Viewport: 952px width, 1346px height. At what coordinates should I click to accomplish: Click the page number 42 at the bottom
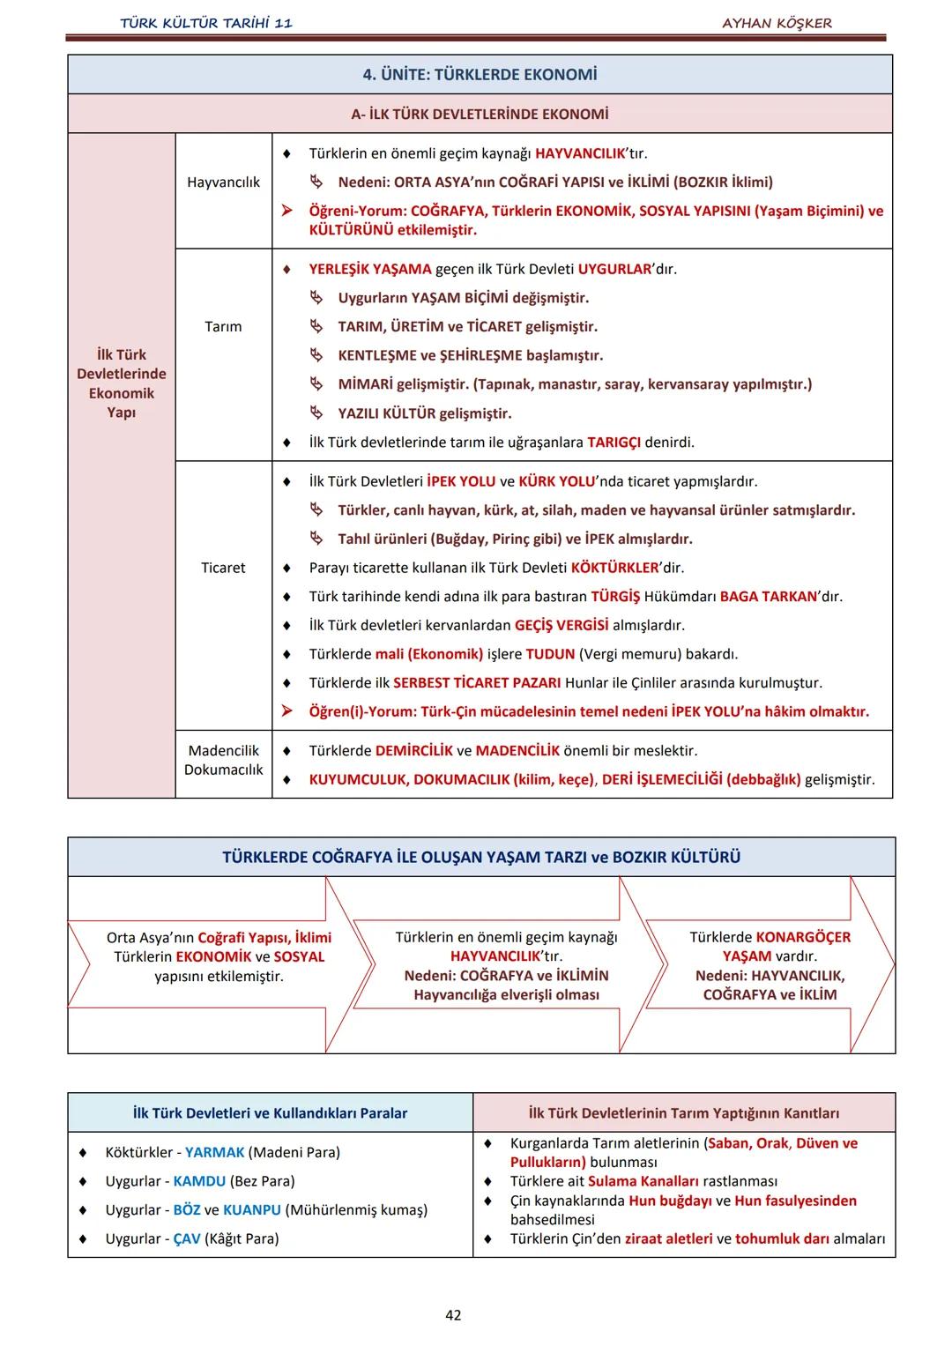click(453, 1315)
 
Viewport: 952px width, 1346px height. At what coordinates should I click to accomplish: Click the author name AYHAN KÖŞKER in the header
click(777, 23)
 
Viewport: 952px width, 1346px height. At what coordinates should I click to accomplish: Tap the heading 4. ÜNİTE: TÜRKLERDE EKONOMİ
click(480, 75)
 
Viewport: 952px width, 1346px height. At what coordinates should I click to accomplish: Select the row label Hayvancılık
click(223, 182)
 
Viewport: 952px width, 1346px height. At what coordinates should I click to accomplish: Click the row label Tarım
click(223, 326)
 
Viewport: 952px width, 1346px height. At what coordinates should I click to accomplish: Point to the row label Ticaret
click(223, 568)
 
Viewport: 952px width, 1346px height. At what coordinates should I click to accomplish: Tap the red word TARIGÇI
click(614, 442)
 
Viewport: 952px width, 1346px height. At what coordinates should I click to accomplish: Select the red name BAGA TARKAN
click(768, 597)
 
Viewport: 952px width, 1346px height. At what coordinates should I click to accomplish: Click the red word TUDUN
click(550, 654)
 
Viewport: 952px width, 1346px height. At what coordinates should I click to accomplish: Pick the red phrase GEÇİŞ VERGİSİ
click(562, 625)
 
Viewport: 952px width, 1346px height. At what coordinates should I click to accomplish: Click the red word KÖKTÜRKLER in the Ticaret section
click(614, 568)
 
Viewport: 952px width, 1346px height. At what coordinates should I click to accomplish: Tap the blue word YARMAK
click(214, 1152)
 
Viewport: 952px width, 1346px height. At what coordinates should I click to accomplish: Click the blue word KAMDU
click(199, 1181)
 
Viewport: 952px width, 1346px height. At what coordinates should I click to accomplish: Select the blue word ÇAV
click(187, 1238)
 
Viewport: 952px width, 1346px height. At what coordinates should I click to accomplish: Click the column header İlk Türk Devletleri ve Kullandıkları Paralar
click(270, 1113)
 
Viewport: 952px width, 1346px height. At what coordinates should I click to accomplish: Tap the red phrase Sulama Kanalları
click(643, 1181)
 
